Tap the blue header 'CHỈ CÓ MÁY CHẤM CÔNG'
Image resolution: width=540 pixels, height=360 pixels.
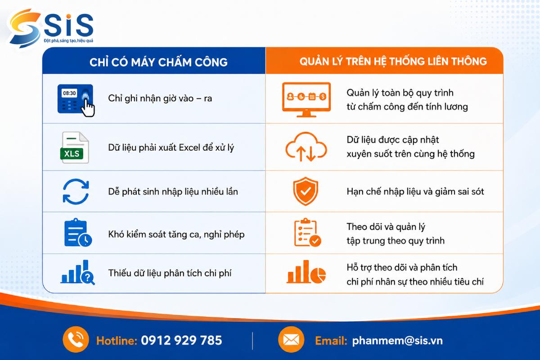pyautogui.click(x=158, y=62)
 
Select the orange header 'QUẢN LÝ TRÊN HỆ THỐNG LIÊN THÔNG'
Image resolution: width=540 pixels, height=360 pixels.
pyautogui.click(x=393, y=62)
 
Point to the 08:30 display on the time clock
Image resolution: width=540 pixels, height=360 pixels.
pyautogui.click(x=69, y=93)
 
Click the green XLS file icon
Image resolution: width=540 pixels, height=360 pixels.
pyautogui.click(x=74, y=148)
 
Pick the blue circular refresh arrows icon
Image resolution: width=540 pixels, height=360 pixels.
pyautogui.click(x=76, y=192)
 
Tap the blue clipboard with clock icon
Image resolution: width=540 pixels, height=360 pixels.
pyautogui.click(x=78, y=233)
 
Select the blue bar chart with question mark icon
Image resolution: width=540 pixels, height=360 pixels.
pyautogui.click(x=77, y=272)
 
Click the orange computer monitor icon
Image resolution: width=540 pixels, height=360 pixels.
pyautogui.click(x=306, y=100)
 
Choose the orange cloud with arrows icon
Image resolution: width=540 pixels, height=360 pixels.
pyautogui.click(x=306, y=147)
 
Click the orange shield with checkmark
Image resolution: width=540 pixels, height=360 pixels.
pyautogui.click(x=306, y=191)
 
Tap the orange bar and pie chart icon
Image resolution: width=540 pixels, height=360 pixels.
pyautogui.click(x=306, y=272)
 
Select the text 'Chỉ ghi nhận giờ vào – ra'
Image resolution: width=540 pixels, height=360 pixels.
pyautogui.click(x=160, y=99)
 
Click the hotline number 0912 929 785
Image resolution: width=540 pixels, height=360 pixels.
pyautogui.click(x=181, y=341)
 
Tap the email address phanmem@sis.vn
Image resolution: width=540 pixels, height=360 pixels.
pyautogui.click(x=397, y=341)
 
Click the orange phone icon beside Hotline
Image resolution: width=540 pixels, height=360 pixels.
pyautogui.click(x=76, y=339)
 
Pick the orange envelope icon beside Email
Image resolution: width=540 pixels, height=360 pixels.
pyautogui.click(x=291, y=339)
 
